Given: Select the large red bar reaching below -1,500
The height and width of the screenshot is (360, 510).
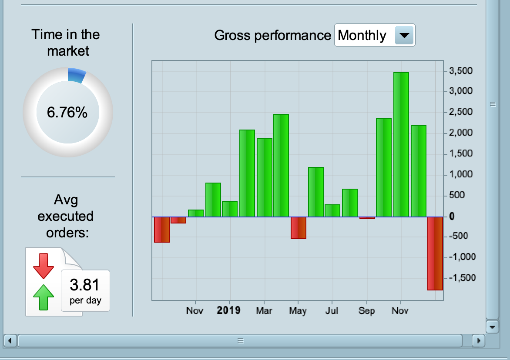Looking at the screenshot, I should pyautogui.click(x=435, y=253).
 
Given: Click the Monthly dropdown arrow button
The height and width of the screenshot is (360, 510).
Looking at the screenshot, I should pyautogui.click(x=404, y=35).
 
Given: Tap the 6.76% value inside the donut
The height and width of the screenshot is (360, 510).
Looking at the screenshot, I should pyautogui.click(x=67, y=113).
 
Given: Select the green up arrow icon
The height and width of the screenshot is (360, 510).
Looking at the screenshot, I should pyautogui.click(x=44, y=297).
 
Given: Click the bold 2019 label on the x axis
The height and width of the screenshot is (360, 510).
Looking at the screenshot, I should pyautogui.click(x=228, y=310).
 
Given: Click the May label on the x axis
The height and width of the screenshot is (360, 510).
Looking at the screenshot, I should pyautogui.click(x=298, y=311).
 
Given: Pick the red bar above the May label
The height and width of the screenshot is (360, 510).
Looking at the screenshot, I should pyautogui.click(x=299, y=227).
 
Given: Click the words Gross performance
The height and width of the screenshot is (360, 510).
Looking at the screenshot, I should pyautogui.click(x=272, y=35).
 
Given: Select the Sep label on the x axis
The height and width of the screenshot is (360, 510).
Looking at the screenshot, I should pyautogui.click(x=366, y=311).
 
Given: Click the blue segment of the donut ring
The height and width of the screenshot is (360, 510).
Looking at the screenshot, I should pyautogui.click(x=77, y=75).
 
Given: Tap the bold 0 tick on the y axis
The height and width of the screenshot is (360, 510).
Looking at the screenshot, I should pyautogui.click(x=453, y=216).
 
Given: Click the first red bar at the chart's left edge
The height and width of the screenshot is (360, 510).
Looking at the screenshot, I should pyautogui.click(x=161, y=229).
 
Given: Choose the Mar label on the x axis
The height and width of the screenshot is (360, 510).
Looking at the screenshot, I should pyautogui.click(x=264, y=311).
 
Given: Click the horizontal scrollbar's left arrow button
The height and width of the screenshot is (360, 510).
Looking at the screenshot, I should pyautogui.click(x=10, y=340).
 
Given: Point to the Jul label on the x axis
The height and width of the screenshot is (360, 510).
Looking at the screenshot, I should pyautogui.click(x=332, y=311).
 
